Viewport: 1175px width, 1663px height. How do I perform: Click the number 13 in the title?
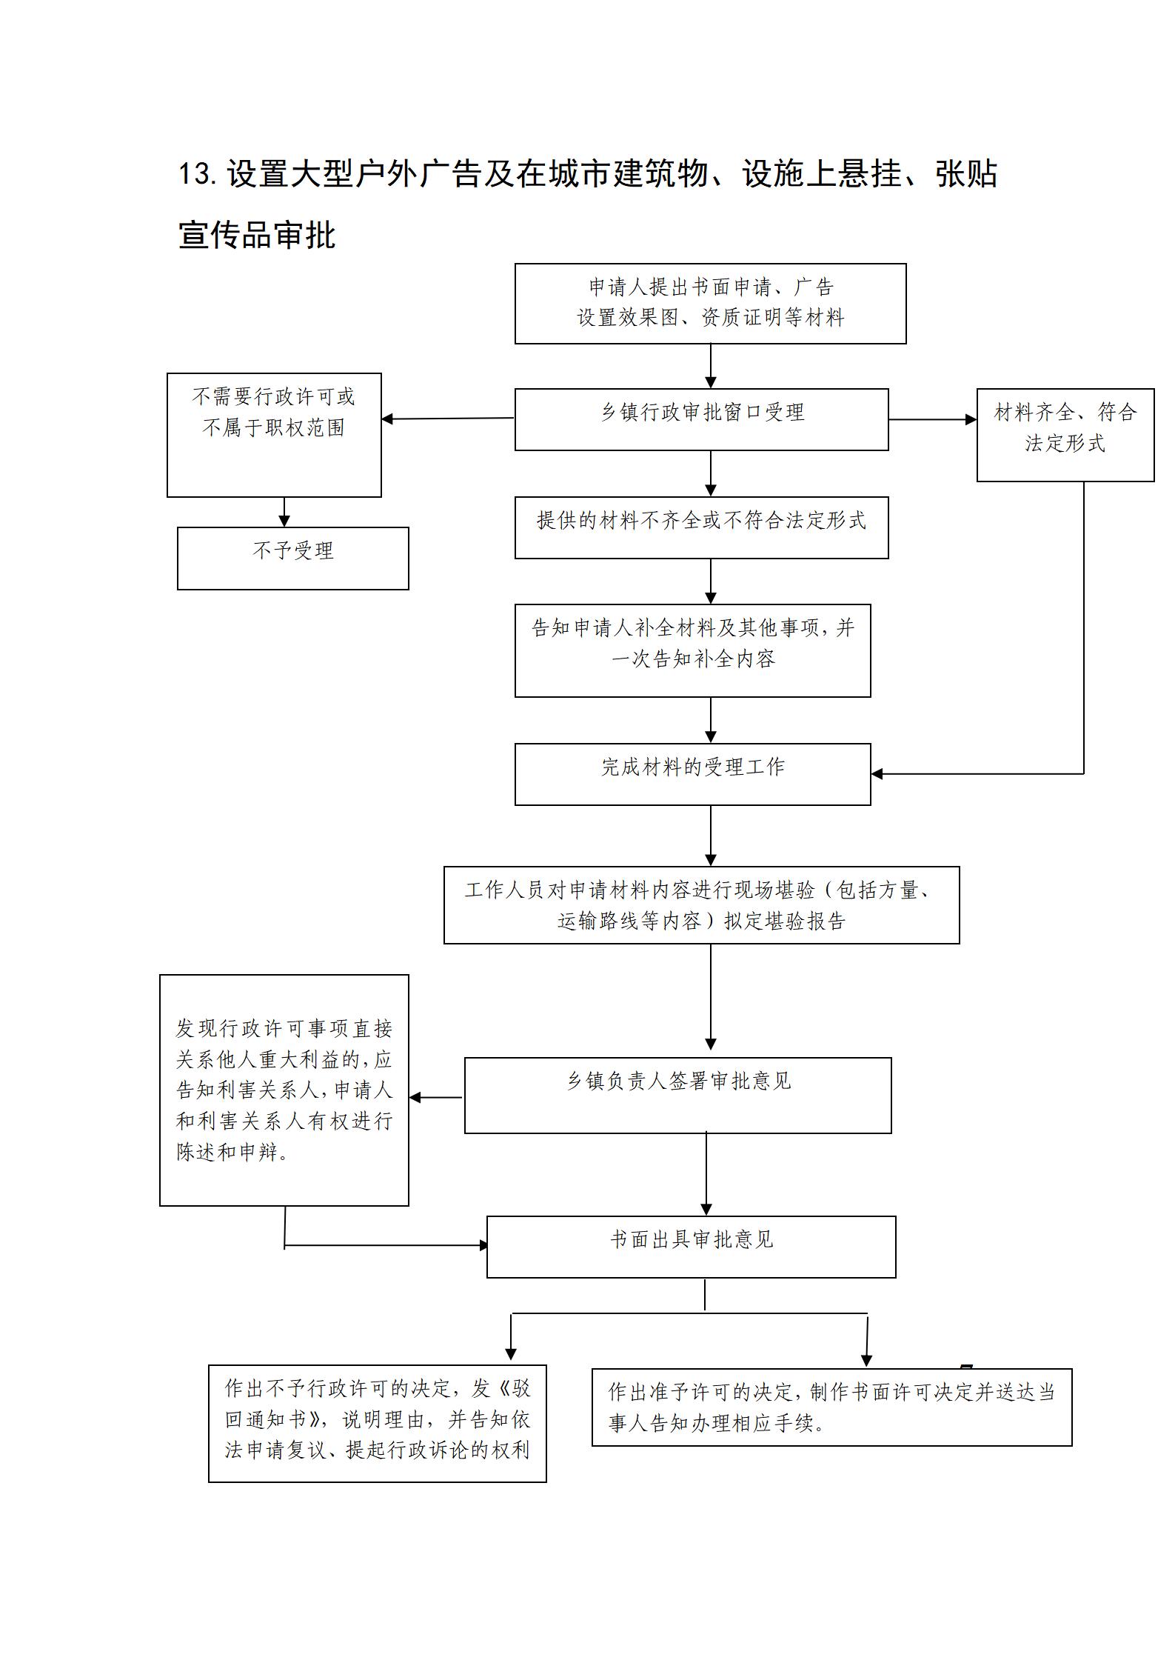point(196,174)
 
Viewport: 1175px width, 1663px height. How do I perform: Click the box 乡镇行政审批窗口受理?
point(701,419)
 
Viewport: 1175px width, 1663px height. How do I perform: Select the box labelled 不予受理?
point(292,558)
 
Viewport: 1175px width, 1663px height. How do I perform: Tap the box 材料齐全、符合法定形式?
point(1065,435)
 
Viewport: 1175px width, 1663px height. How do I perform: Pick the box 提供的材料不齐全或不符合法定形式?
point(701,527)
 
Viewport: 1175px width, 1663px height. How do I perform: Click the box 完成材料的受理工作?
point(692,774)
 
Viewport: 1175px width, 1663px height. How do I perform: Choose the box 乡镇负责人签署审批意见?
point(677,1095)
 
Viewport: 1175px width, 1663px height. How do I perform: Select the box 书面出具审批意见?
point(691,1247)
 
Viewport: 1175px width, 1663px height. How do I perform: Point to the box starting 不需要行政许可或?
point(274,435)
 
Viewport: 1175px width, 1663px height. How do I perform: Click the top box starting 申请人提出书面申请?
point(710,303)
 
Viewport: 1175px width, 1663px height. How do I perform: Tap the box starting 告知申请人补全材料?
point(692,650)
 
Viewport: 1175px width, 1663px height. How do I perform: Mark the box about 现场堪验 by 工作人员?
point(701,904)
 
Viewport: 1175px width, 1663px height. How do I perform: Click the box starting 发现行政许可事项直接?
point(284,1090)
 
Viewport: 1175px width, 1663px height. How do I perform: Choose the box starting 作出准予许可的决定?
point(831,1407)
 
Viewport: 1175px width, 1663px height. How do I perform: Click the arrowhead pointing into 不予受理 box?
point(284,521)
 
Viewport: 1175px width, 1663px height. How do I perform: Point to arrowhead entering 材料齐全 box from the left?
point(971,419)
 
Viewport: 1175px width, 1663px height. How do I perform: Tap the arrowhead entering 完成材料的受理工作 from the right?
point(877,774)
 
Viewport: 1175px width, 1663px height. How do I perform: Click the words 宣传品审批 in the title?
point(257,236)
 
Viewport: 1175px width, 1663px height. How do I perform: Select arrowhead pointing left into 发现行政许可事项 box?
point(415,1097)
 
